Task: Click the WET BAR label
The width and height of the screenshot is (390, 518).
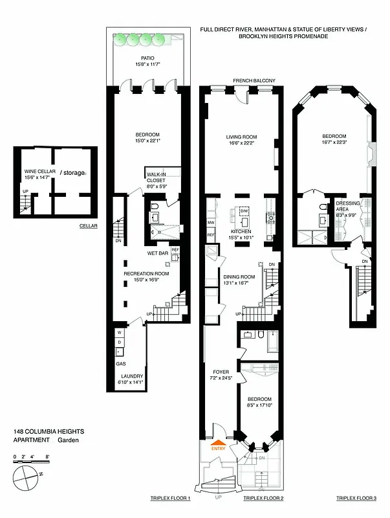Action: click(158, 253)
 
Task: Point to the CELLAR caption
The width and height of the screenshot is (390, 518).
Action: click(87, 226)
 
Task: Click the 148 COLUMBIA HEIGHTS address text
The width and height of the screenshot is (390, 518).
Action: click(49, 431)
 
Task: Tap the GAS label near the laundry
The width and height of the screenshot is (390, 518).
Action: click(121, 365)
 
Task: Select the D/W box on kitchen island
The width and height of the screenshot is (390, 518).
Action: click(244, 212)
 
